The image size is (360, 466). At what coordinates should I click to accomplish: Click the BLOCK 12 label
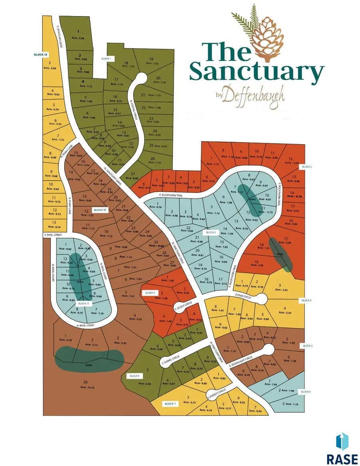41,54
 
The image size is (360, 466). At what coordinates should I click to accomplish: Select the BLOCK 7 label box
170,404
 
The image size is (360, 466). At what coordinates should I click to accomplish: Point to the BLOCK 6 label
306,392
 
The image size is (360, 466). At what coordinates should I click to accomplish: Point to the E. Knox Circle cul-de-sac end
262,299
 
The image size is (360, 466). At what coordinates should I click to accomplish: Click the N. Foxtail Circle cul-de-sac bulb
141,78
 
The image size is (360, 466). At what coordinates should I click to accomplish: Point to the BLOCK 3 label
210,232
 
